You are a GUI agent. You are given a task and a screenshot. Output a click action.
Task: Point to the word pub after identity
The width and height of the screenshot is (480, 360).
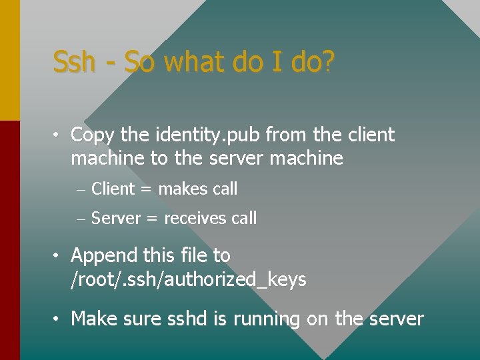[x=245, y=135]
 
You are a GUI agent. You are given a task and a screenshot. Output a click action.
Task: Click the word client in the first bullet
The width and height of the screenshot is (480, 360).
[x=370, y=135]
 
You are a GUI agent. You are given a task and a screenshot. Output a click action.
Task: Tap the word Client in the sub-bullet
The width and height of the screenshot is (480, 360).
[x=113, y=189]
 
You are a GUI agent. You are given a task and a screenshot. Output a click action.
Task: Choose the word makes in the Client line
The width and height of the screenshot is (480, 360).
[x=183, y=189]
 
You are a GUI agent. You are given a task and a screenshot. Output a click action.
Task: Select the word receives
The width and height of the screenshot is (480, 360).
[x=195, y=218]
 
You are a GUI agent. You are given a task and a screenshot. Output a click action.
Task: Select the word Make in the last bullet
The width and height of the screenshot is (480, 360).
[x=92, y=319]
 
